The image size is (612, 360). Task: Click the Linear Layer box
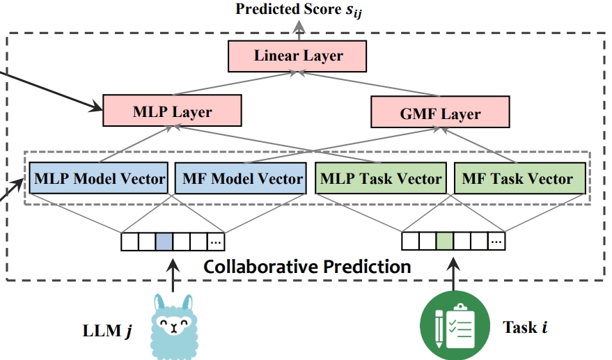299,56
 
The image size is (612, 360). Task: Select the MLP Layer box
171,111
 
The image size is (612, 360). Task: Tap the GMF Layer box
440,112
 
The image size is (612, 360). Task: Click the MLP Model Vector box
99,179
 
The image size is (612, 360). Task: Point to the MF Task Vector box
518,179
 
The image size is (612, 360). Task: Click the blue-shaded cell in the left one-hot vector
164,242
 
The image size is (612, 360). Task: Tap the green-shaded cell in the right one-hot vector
445,242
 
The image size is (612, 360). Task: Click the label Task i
524,326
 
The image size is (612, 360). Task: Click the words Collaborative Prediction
307,267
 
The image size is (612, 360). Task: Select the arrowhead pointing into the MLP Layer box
97,107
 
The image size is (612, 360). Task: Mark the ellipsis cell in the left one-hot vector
216,242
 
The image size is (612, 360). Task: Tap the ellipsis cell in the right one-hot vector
496,242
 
